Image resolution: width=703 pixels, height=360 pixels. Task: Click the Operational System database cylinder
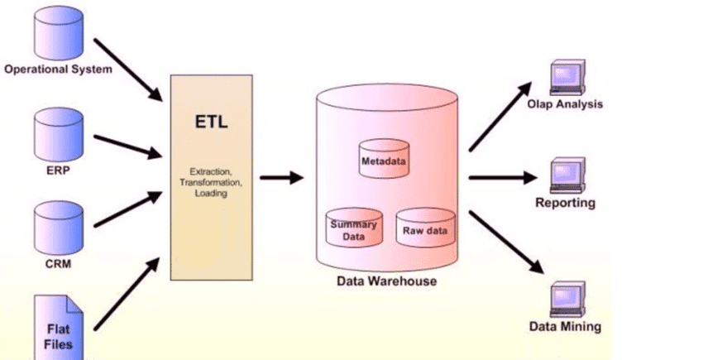(59, 34)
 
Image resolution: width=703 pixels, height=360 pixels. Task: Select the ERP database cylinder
(59, 134)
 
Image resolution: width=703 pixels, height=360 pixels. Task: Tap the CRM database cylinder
(59, 228)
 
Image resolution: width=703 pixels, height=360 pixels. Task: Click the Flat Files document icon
(59, 328)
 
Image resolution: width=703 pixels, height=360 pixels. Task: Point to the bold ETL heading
(211, 122)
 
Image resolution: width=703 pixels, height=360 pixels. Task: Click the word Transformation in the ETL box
(211, 182)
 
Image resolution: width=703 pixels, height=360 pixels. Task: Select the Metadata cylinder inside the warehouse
(385, 158)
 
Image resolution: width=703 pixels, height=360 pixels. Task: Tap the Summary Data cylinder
(354, 228)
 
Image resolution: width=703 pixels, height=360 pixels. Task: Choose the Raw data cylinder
(425, 228)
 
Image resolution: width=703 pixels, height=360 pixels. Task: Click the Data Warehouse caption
(386, 281)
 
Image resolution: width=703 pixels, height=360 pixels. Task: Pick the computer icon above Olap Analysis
(567, 77)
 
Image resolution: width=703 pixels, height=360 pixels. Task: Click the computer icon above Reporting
(567, 175)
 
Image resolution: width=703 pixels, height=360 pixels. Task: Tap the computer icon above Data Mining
(567, 300)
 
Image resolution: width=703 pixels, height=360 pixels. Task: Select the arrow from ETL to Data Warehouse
(281, 178)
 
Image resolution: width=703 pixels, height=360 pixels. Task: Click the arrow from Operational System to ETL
(128, 70)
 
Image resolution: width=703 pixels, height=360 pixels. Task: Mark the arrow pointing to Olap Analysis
(500, 116)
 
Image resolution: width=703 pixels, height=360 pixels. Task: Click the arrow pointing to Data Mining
(507, 242)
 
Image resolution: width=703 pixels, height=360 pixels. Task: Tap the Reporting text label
(566, 203)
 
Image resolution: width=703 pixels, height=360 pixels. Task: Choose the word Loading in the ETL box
(211, 194)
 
